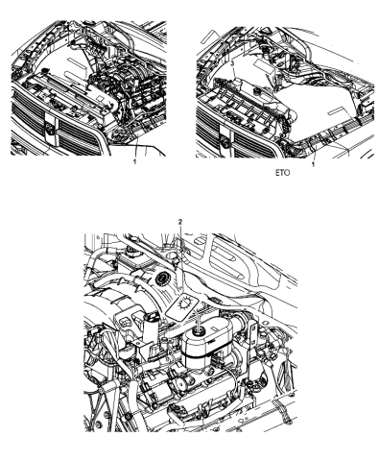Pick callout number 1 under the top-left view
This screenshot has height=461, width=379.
134,164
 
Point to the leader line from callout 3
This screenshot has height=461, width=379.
242,73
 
